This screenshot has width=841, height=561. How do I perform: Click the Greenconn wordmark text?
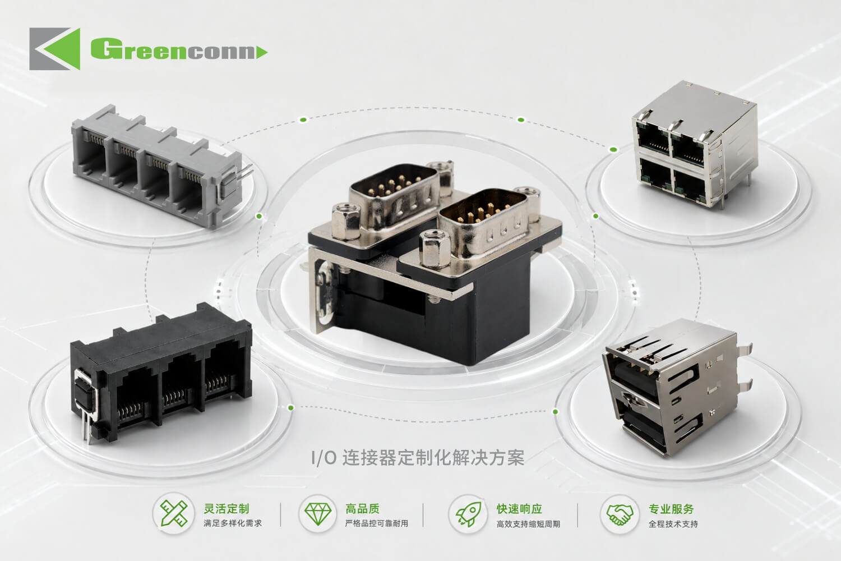[179, 49]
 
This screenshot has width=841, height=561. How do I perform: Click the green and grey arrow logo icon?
[55, 49]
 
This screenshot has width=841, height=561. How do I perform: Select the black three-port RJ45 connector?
[161, 374]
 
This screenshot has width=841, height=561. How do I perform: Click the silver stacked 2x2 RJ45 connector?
[695, 145]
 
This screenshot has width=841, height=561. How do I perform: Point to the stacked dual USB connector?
[676, 387]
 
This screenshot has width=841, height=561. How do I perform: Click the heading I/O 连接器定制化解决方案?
[418, 458]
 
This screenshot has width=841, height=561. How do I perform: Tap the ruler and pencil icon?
[173, 513]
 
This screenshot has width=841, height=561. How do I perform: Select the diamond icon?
[318, 514]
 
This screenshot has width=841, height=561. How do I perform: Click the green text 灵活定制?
[227, 509]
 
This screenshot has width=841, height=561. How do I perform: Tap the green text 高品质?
[362, 509]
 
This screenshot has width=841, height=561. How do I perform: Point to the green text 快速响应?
[520, 509]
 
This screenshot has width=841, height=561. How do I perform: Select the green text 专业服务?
[671, 509]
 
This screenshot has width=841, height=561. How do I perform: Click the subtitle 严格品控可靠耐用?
[377, 523]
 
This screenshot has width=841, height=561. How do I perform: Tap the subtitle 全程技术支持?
[673, 524]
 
